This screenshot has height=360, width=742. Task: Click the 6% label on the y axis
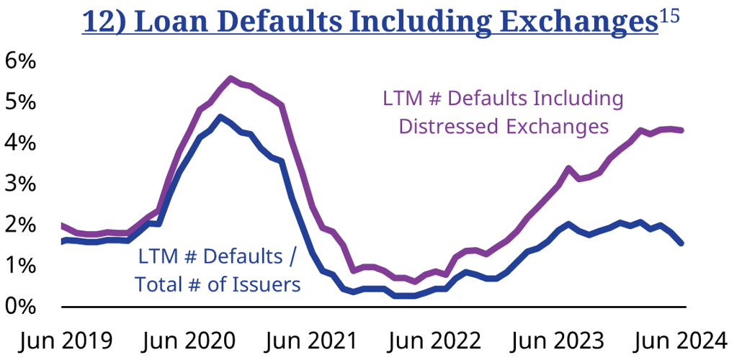click(x=20, y=60)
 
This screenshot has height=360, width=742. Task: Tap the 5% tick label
click(x=20, y=102)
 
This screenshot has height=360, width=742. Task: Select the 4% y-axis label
click(x=20, y=143)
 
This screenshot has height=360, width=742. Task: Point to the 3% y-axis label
click(x=20, y=184)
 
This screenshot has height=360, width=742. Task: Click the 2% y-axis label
click(x=20, y=225)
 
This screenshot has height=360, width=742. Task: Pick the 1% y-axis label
click(x=20, y=266)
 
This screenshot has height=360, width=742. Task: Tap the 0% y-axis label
click(x=20, y=307)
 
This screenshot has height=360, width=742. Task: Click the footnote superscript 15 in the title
click(x=669, y=16)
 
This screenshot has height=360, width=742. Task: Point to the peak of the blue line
click(x=220, y=117)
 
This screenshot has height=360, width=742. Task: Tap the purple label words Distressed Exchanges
click(x=504, y=127)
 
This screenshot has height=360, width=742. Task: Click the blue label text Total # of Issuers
click(x=218, y=284)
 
